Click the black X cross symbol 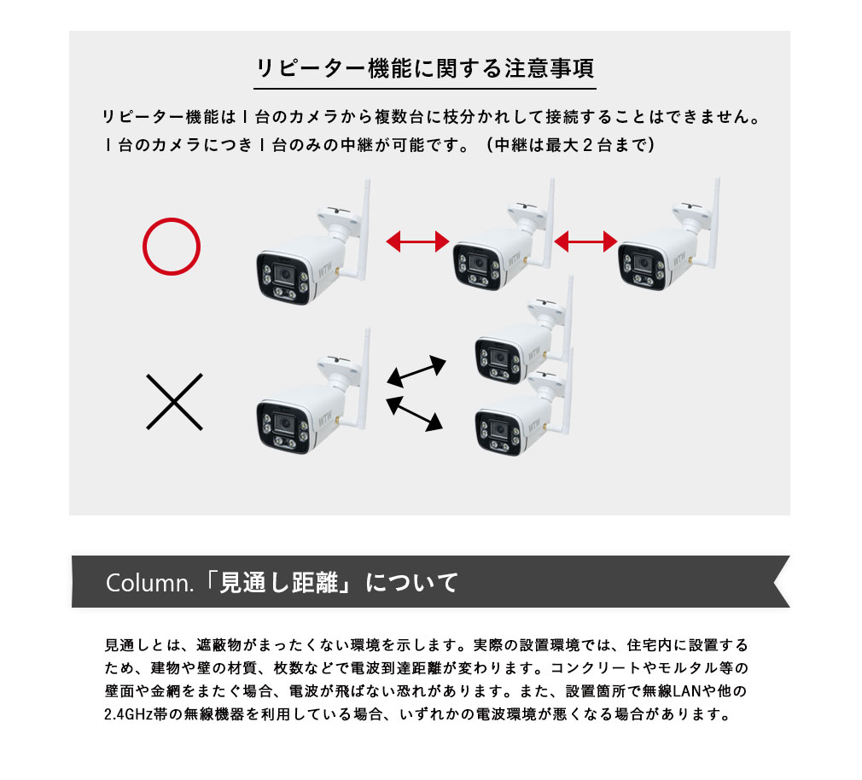174,401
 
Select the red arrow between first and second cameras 417,242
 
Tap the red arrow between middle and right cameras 585,242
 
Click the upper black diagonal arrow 416,371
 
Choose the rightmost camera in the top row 662,252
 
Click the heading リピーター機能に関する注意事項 425,68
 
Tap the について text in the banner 411,583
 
